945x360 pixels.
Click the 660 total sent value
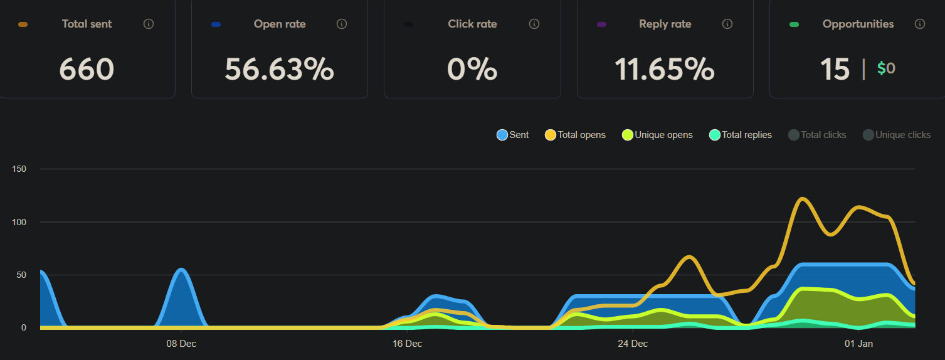point(87,69)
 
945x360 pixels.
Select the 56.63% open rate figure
point(279,69)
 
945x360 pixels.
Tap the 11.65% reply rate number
point(664,69)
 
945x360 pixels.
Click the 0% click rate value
point(472,69)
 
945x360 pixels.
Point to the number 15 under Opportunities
point(835,69)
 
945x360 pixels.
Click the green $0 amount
point(886,68)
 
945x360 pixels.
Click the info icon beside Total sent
point(149,24)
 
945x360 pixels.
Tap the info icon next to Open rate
point(342,24)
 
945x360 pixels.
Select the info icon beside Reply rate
point(727,24)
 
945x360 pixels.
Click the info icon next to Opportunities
point(920,24)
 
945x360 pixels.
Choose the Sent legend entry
point(513,135)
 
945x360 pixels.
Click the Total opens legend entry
point(576,135)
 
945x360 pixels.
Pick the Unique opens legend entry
point(657,135)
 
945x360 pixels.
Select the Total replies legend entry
point(740,135)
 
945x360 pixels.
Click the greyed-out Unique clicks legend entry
point(897,135)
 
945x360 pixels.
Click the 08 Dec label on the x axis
point(181,344)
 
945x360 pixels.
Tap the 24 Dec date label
point(632,344)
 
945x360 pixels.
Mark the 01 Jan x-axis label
point(858,344)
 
